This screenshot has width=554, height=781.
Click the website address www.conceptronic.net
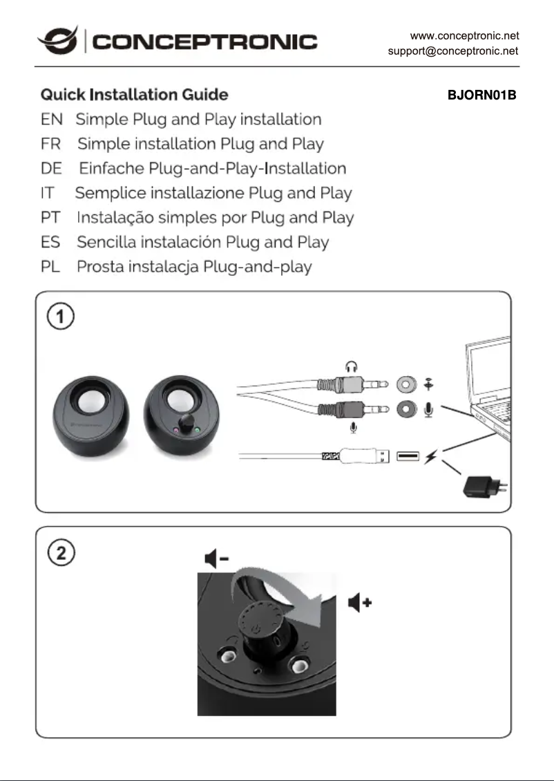point(464,35)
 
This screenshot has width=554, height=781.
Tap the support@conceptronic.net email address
point(453,51)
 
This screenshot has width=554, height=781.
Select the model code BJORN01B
point(482,95)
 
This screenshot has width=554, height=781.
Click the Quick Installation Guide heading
point(134,94)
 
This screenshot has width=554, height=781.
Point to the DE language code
point(51,169)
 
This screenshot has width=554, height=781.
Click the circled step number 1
point(60,317)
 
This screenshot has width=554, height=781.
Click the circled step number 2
point(60,553)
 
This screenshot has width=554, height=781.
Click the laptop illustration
point(491,387)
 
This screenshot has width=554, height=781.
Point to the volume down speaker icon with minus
point(217,558)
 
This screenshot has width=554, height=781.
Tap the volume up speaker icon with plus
point(360,602)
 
